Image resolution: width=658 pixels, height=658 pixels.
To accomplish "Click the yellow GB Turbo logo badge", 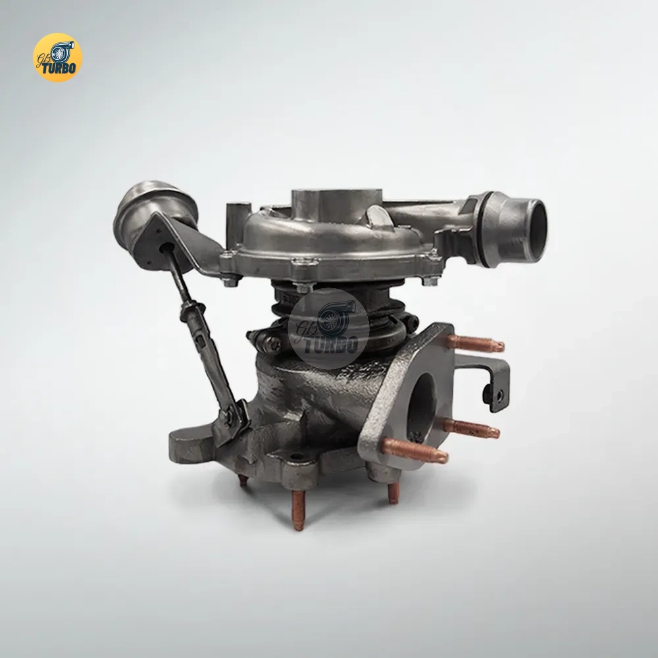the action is pyautogui.click(x=57, y=57).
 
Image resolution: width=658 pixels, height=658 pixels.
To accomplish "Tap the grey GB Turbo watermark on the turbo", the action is pyautogui.click(x=328, y=328).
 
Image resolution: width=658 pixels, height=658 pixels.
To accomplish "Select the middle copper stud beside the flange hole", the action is pyautogui.click(x=472, y=428).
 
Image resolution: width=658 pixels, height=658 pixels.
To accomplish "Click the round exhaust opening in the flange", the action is pyautogui.click(x=422, y=401).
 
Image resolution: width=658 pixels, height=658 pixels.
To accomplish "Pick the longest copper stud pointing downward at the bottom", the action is pyautogui.click(x=298, y=511).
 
